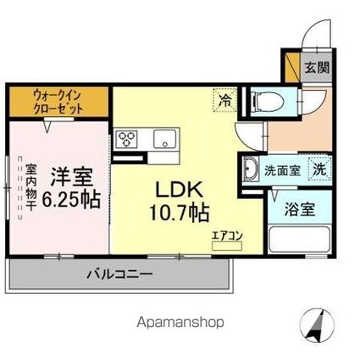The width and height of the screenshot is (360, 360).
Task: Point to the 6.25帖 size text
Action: [x=71, y=201]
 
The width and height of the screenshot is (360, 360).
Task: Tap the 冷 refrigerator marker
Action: [x=224, y=99]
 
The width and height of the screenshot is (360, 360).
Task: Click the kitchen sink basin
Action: [x=161, y=139]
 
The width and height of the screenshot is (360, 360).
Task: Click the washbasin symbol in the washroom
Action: [x=251, y=169]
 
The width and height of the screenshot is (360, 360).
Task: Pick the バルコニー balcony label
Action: [x=119, y=274]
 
